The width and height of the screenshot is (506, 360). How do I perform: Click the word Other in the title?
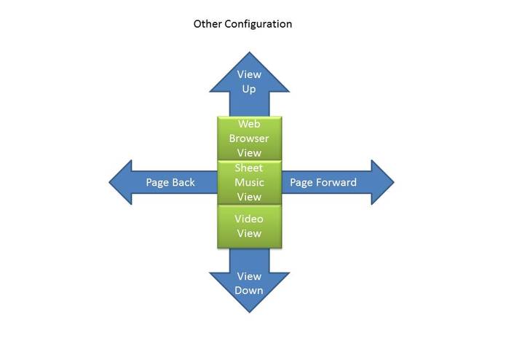207,24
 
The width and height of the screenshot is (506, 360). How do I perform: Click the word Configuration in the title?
258,24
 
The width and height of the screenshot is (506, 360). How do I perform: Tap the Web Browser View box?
250,138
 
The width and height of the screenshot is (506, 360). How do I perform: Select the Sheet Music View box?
250,182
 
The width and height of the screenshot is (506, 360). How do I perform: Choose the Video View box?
250,227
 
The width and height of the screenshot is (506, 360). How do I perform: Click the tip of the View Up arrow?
250,52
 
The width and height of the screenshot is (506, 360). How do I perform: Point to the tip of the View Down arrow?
250,313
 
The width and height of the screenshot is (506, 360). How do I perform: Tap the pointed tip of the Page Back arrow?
109,182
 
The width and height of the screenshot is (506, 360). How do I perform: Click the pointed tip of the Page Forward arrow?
394,182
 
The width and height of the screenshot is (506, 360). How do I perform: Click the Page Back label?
170,182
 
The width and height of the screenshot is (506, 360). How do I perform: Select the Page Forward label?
323,182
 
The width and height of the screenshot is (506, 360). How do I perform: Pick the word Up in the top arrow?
249,89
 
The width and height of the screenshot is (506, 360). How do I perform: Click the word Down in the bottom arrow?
249,291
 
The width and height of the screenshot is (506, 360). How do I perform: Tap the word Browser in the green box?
249,138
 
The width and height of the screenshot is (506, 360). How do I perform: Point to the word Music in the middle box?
249,182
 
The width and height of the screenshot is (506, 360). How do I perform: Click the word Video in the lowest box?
249,219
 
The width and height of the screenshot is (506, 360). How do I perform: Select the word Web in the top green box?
249,124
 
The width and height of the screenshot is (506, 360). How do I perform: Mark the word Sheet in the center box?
249,168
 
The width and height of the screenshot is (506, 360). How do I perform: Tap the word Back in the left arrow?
183,182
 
